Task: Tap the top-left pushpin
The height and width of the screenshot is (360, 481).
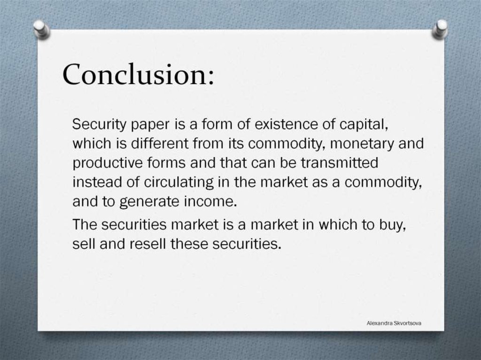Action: pos(42,29)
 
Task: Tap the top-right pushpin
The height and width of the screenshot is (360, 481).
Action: pos(440,29)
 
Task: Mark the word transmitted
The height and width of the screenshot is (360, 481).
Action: pos(339,162)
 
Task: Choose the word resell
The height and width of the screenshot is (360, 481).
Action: pos(144,244)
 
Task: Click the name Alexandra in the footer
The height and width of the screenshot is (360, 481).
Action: pos(381,323)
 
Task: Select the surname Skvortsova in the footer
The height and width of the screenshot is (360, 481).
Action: pos(412,323)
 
